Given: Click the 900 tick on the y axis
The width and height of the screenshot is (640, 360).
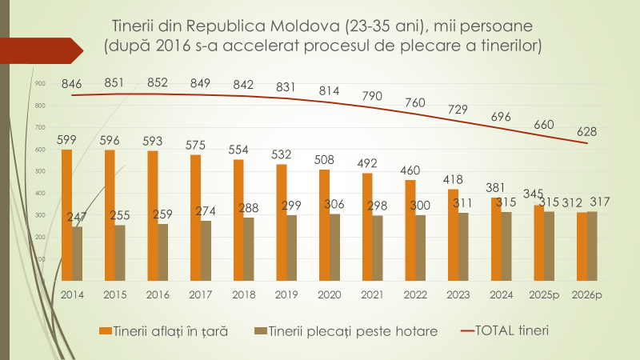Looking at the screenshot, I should click(x=40, y=82).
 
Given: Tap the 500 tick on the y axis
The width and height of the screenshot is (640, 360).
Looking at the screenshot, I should click(x=40, y=171).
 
